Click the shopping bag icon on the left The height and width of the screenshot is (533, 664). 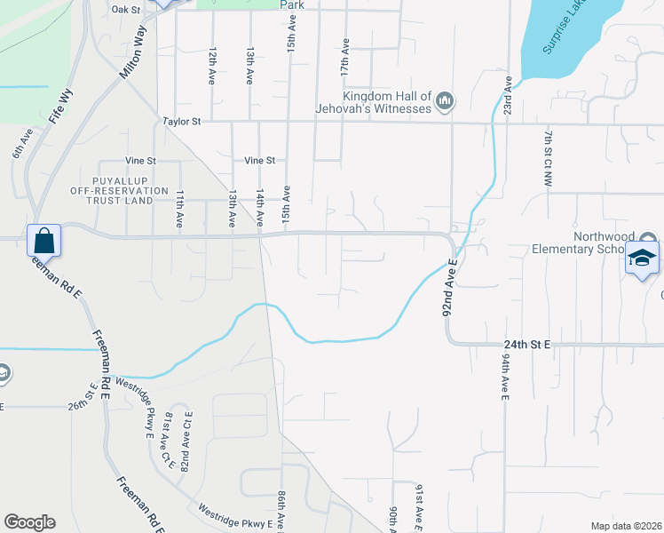point(43,240)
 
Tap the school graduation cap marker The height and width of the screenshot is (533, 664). point(642,259)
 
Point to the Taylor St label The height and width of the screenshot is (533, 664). point(182,121)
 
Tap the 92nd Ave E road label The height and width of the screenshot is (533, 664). point(450,291)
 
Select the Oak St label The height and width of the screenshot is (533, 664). point(126,9)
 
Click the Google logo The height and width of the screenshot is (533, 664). point(29,522)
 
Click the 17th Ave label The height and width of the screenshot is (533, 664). point(344,57)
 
